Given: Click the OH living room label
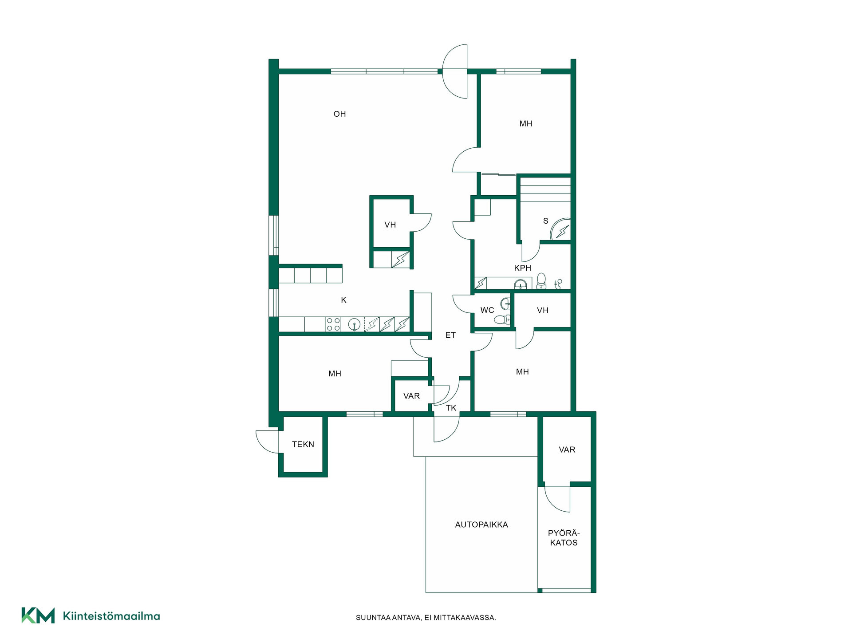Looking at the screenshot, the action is (339, 114).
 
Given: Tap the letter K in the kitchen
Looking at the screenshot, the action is (343, 300).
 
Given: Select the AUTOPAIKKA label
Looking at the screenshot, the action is (481, 525).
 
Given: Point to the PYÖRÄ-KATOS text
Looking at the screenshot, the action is (564, 538).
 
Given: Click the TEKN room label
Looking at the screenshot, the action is (303, 444).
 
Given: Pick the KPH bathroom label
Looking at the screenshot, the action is (523, 268).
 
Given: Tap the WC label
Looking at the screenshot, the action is (487, 310).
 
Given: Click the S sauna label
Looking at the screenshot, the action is (546, 221).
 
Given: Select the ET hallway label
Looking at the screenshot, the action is (450, 335).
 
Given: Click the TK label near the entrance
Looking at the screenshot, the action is (451, 408).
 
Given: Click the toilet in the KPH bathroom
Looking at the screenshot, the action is (541, 281).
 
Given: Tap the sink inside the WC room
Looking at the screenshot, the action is (505, 304).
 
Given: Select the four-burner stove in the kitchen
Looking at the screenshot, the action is (333, 324).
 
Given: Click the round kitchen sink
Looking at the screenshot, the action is (354, 325).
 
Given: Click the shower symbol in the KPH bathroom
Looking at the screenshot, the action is (558, 284).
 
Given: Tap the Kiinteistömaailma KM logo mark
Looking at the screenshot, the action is (38, 615).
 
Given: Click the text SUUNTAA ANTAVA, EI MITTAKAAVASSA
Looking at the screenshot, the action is (426, 618).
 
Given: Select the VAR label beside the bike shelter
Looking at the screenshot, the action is (567, 450).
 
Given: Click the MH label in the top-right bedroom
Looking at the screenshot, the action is (526, 124).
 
